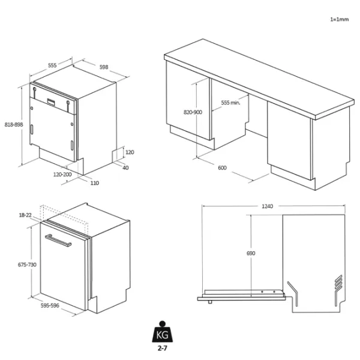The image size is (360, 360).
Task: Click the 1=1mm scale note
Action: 340,20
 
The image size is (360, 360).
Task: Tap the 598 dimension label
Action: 104,67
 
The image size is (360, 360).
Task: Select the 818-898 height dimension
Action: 14,125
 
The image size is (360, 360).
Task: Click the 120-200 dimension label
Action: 62,175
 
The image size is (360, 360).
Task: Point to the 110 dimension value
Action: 95,183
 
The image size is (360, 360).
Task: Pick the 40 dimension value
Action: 125,168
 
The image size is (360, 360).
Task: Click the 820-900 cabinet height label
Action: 193,112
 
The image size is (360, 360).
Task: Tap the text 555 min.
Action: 231,103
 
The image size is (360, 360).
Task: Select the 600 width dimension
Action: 222,168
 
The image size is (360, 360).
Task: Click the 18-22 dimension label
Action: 25,215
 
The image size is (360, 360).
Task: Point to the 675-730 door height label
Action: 27,265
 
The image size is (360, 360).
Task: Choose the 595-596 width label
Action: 50,305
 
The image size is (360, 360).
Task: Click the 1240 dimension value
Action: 268,206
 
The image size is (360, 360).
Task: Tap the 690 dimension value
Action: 251,253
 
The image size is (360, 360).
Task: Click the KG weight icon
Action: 163,332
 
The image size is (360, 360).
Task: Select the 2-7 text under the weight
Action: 163,348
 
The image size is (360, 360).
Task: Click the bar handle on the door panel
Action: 58,241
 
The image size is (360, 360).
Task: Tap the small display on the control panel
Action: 51,101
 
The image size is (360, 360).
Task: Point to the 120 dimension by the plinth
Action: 130,152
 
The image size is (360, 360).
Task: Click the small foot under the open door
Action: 210,302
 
